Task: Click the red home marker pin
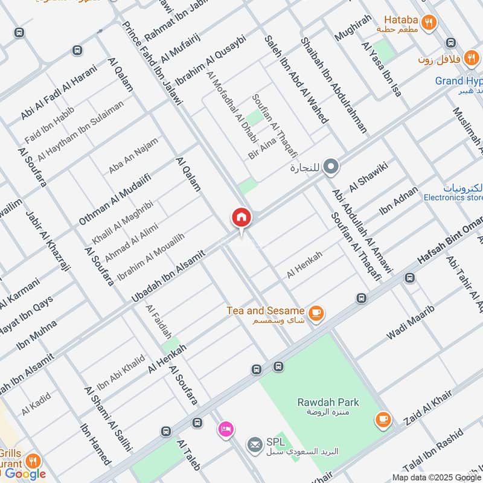[x=241, y=218]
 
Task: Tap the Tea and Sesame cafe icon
[x=316, y=313]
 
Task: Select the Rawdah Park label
[x=328, y=402]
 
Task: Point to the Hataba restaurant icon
[x=429, y=22]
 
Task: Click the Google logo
[x=25, y=474]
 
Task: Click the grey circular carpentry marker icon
[x=330, y=168]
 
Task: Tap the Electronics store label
[x=453, y=197]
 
